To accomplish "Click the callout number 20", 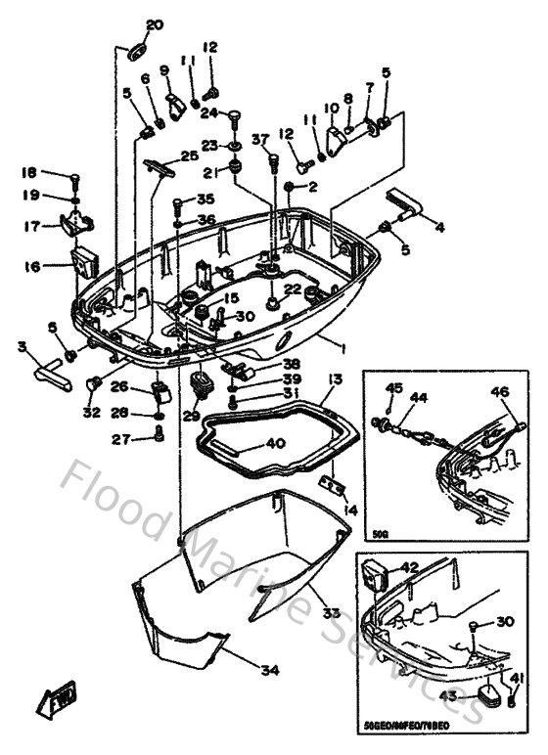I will (155, 24).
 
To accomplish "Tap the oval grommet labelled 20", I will (137, 48).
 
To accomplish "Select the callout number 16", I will (32, 265).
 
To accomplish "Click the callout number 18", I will (29, 173).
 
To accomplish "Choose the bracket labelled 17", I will (74, 224).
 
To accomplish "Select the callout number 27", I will (119, 440).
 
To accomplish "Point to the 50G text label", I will (381, 534).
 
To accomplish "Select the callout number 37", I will (260, 139).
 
